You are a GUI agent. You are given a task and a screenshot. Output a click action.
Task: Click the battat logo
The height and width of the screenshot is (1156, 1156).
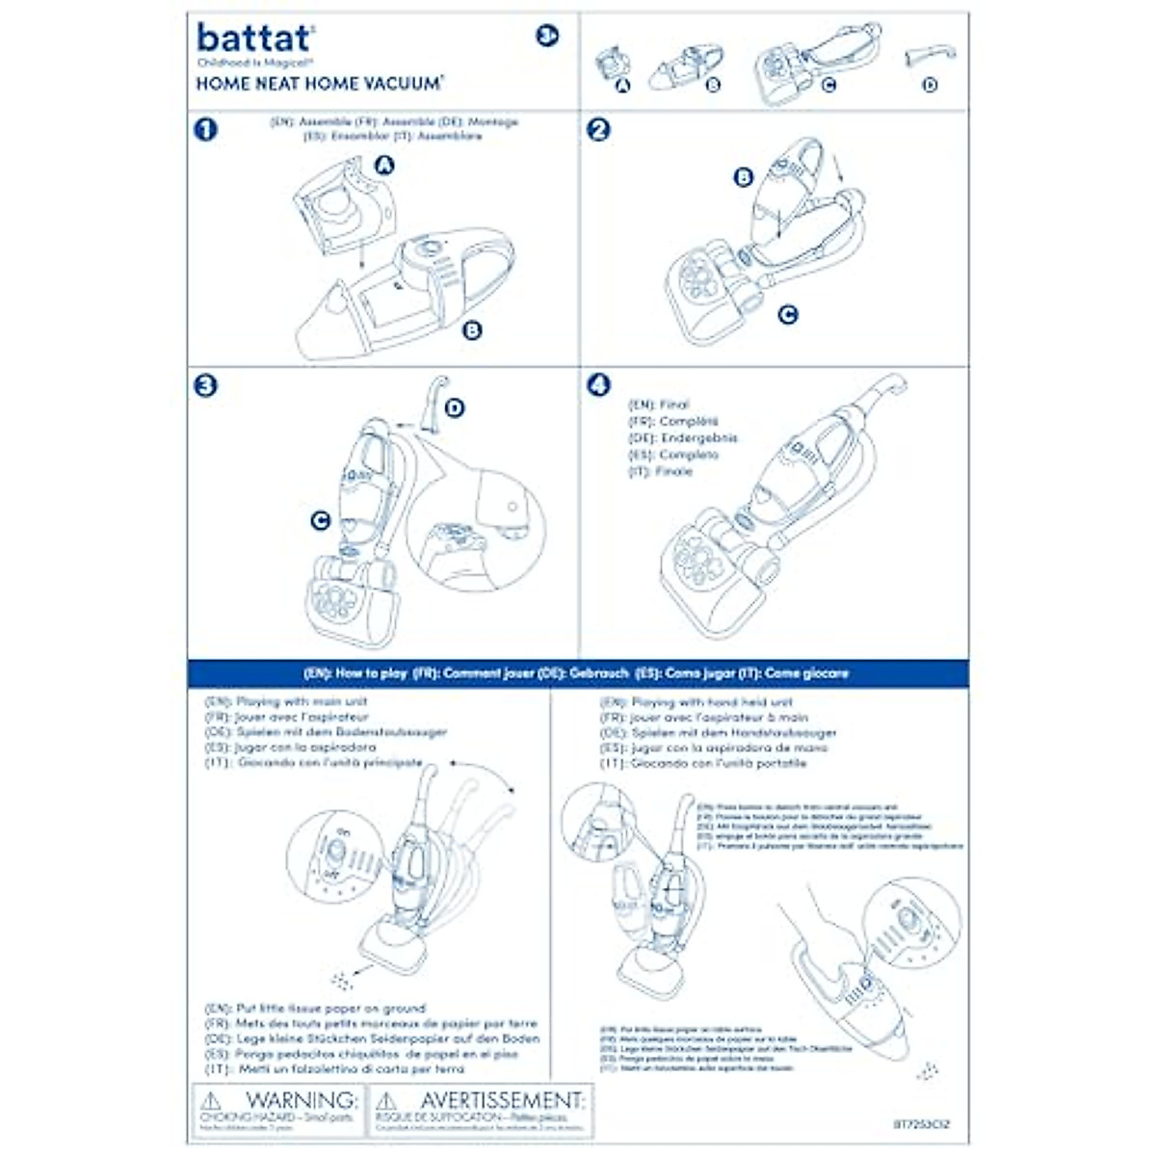click(x=254, y=39)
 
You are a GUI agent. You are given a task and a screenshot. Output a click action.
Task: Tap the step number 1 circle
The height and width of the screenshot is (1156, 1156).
click(x=205, y=129)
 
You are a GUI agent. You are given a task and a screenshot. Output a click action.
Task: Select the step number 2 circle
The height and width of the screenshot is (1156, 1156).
click(x=598, y=129)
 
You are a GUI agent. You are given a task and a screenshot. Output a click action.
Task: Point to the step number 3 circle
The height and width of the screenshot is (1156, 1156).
click(x=205, y=385)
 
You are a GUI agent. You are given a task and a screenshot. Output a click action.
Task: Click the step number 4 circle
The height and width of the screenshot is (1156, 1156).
click(x=598, y=385)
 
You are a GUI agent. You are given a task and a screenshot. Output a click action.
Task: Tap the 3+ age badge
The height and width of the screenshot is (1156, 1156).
click(x=547, y=37)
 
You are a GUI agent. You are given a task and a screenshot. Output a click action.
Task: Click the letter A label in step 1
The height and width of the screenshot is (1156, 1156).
click(x=384, y=166)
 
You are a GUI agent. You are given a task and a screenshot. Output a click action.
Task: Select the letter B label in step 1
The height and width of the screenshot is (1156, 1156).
click(x=472, y=330)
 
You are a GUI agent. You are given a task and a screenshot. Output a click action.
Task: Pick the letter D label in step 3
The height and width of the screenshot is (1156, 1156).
click(x=455, y=408)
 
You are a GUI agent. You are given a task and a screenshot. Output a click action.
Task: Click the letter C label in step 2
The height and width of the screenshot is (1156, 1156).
click(x=788, y=314)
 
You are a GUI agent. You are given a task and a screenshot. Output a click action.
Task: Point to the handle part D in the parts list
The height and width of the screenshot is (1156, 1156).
click(x=929, y=58)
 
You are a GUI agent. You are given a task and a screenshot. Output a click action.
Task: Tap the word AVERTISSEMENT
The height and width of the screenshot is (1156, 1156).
click(x=501, y=1100)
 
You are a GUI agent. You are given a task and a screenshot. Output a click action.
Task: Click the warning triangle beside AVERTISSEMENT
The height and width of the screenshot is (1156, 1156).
click(x=386, y=1101)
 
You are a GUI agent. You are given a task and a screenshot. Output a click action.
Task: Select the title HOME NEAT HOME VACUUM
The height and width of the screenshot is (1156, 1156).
click(x=319, y=84)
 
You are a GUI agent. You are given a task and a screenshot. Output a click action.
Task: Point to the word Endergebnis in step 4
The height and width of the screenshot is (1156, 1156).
click(x=698, y=438)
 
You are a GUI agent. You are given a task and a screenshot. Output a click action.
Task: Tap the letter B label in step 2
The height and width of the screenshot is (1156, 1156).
click(x=743, y=177)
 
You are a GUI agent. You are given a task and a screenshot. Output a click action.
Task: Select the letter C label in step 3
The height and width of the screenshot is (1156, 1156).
click(x=320, y=521)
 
